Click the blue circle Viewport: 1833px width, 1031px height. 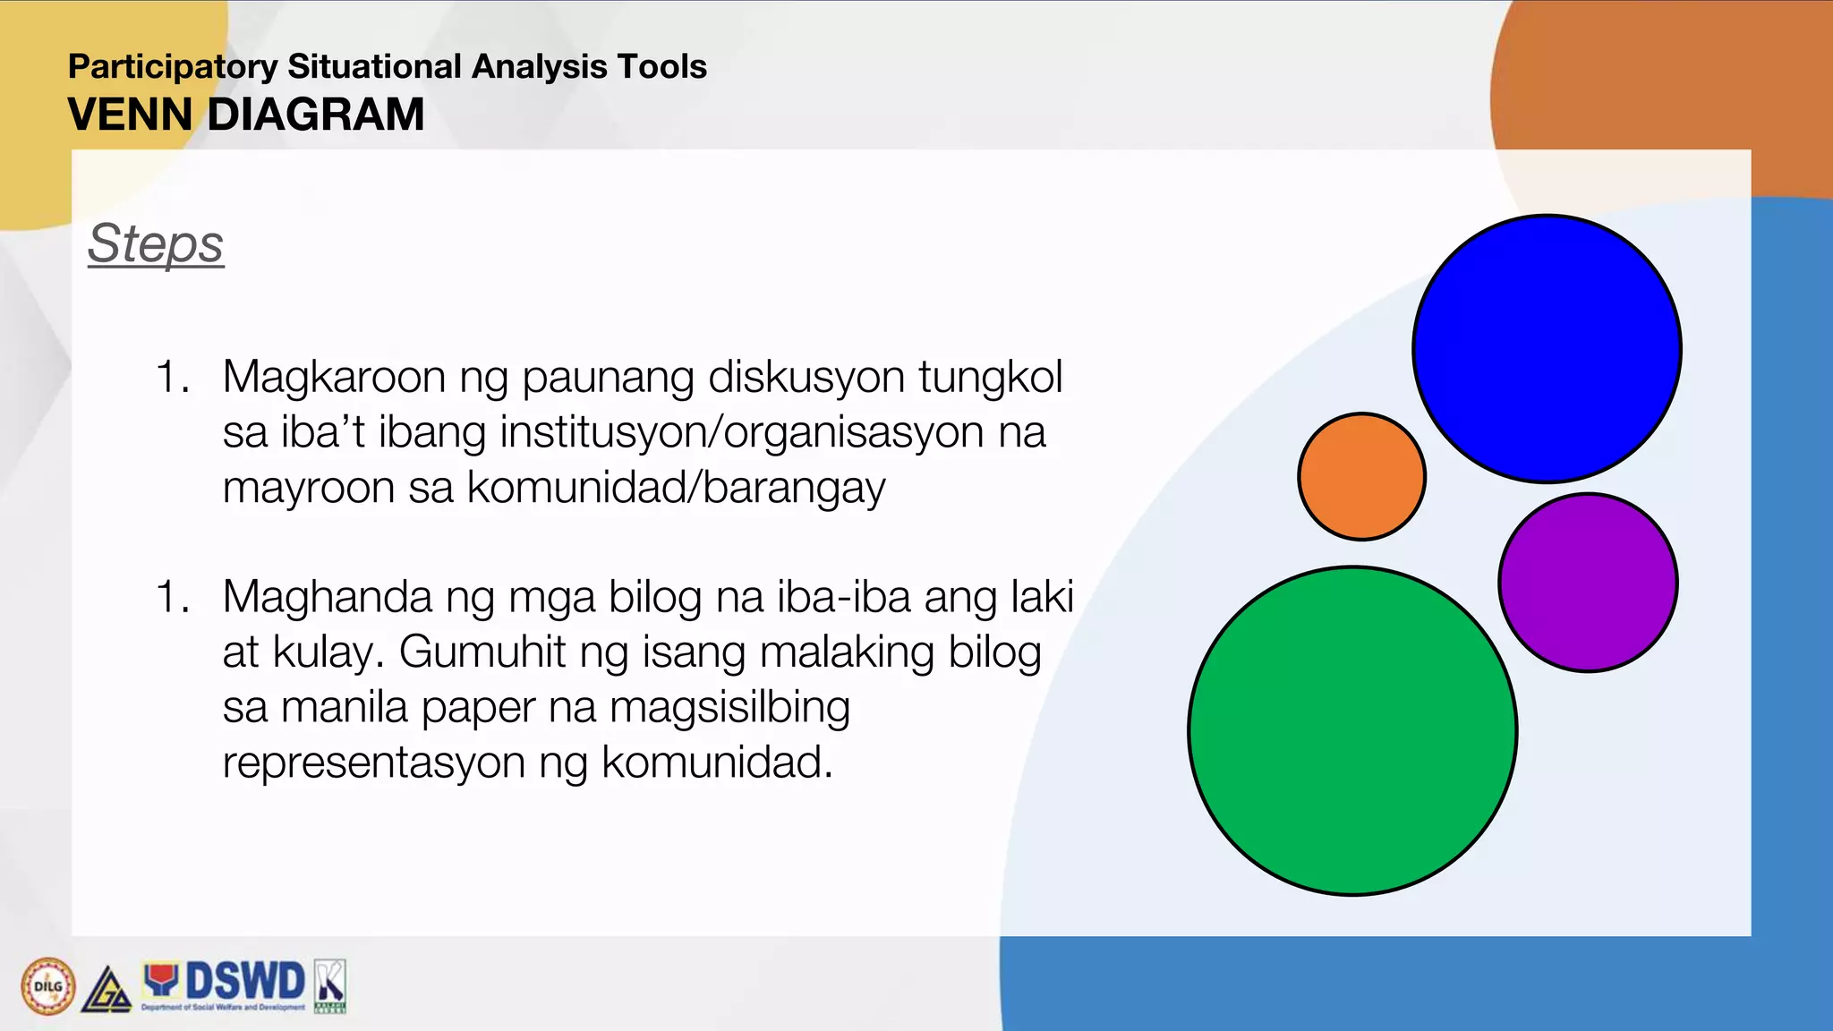[x=1547, y=349]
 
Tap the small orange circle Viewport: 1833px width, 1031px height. [x=1361, y=477]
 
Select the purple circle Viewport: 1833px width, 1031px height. [x=1588, y=583]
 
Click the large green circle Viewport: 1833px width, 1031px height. [x=1352, y=730]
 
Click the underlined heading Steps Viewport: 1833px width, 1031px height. [x=156, y=243]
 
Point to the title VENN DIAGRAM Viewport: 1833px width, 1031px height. [x=246, y=115]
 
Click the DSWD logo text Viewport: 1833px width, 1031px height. [x=244, y=982]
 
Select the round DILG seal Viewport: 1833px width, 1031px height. [x=47, y=986]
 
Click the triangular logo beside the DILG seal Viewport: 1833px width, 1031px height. [x=107, y=991]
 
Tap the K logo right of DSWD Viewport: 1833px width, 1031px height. [x=330, y=986]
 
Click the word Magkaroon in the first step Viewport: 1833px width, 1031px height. [x=334, y=377]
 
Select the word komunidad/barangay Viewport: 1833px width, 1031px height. [x=676, y=489]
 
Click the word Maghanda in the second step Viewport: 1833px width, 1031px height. [x=328, y=597]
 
